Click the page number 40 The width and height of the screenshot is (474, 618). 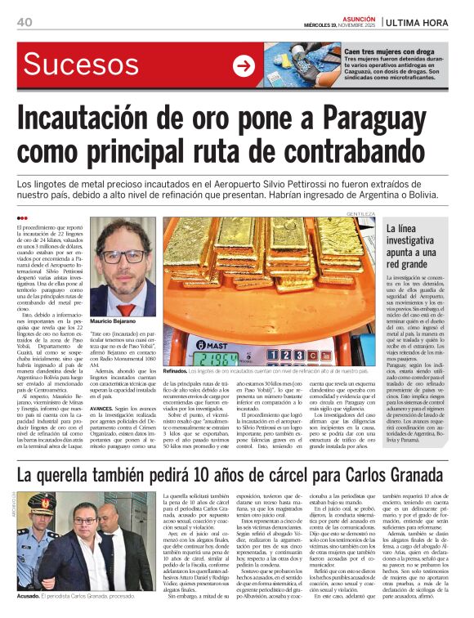(24, 22)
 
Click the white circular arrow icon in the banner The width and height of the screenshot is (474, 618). (244, 66)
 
